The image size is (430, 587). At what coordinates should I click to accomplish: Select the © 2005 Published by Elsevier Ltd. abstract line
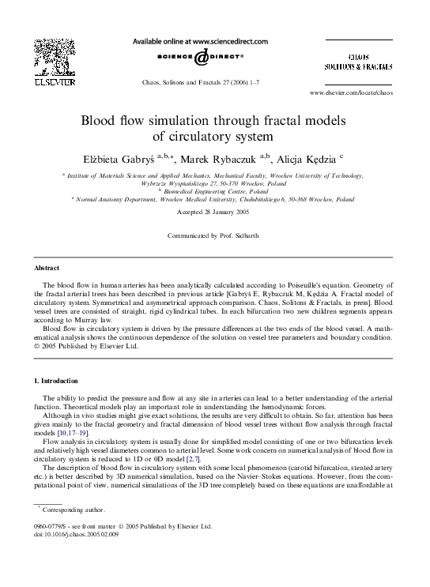point(89,346)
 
